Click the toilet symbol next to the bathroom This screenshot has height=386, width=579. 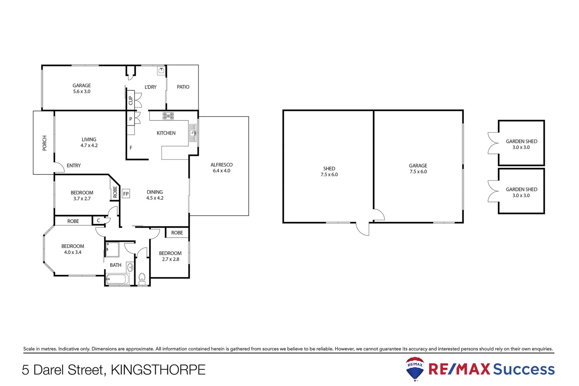[x=142, y=278]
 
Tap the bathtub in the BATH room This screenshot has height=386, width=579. [x=117, y=279]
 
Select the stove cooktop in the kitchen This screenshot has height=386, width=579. [x=168, y=116]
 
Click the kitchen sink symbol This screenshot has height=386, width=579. [x=193, y=133]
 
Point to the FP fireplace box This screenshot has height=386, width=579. [x=126, y=194]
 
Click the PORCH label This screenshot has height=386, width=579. [x=44, y=143]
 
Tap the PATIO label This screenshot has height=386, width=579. [x=183, y=87]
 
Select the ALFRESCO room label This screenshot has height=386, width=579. [x=221, y=165]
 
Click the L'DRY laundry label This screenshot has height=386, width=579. [x=150, y=87]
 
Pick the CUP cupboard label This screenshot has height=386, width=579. [x=130, y=100]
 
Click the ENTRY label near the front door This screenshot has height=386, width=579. [x=74, y=165]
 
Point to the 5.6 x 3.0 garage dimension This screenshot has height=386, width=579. [x=82, y=91]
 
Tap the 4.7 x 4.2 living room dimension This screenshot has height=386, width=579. [x=89, y=145]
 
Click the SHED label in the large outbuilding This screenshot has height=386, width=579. [x=329, y=168]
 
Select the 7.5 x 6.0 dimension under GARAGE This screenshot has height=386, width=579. [x=418, y=172]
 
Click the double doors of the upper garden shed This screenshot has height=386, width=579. [x=493, y=143]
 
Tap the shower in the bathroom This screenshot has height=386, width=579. [x=112, y=249]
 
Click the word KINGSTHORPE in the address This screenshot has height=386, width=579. [x=158, y=370]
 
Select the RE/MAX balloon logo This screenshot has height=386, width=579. [x=415, y=368]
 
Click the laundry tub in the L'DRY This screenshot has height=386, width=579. [x=161, y=70]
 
